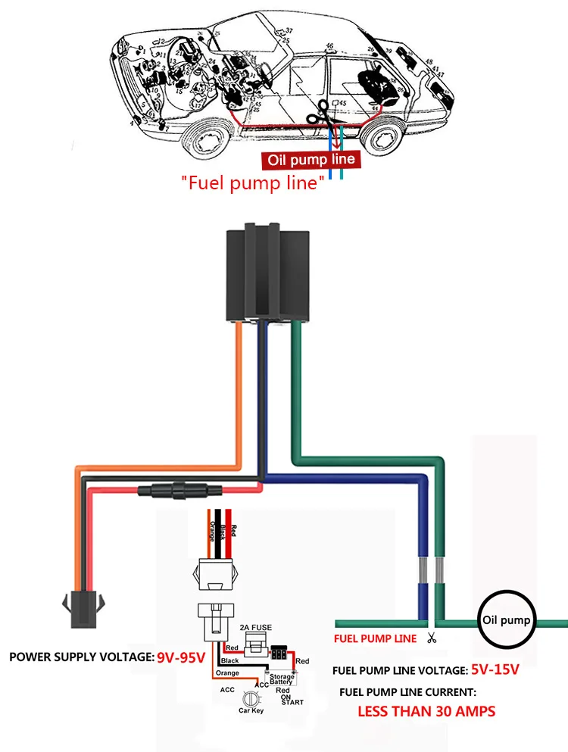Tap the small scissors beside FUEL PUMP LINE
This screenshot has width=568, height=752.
click(x=432, y=638)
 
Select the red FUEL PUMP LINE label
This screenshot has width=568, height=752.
click(x=375, y=638)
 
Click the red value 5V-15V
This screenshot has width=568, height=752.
click(x=495, y=669)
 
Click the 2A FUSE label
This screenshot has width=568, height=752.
click(x=255, y=627)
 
